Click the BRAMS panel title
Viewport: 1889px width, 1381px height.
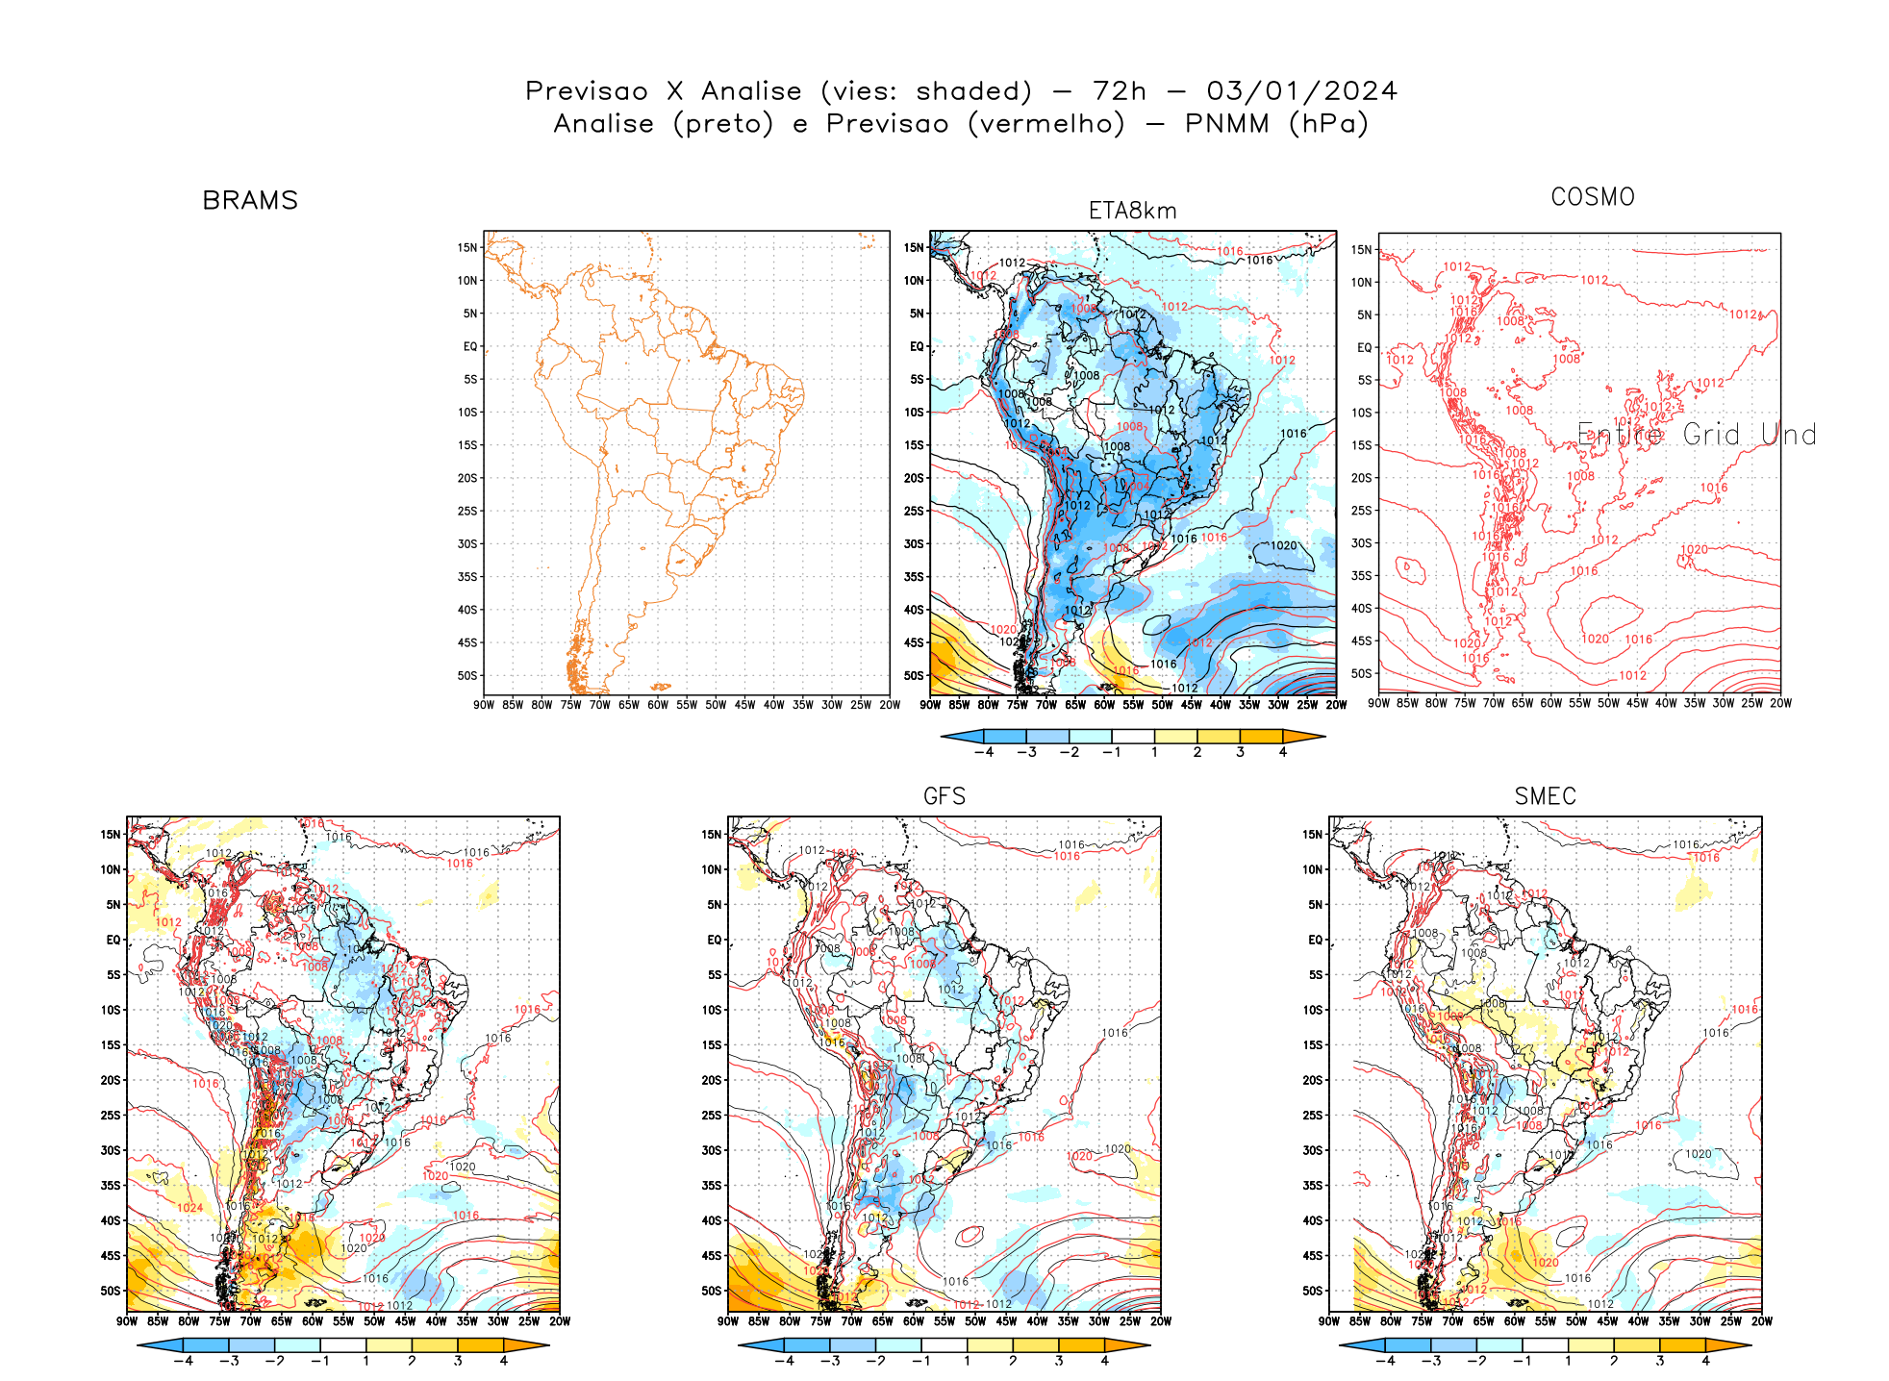tap(250, 200)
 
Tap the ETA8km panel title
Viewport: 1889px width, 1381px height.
tap(1132, 211)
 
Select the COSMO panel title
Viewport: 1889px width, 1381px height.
tap(1592, 197)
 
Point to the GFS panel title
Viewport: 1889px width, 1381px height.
tap(944, 796)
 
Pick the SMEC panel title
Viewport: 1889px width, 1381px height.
tap(1545, 796)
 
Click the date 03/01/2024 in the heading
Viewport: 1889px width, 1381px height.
tap(1301, 91)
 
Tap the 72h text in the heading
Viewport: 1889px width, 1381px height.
tap(1120, 91)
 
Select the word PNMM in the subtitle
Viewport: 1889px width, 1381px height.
tap(1226, 124)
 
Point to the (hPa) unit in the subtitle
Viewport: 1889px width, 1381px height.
tap(1328, 124)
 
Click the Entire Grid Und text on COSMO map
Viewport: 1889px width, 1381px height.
tap(1697, 435)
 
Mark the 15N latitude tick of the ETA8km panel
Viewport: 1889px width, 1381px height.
tap(913, 248)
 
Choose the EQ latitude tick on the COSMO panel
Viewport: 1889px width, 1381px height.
tap(1364, 348)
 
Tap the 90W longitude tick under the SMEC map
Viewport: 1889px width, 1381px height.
tap(1329, 1321)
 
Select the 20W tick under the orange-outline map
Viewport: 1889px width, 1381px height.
tap(890, 705)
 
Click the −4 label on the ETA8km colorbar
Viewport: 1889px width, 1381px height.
tap(983, 752)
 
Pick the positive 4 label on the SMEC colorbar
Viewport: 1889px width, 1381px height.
tap(1705, 1361)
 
